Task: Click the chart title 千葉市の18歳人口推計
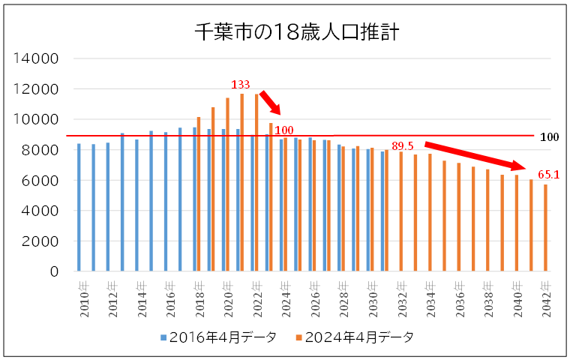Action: click(x=297, y=32)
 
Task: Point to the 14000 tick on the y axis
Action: click(x=36, y=58)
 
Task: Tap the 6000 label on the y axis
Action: click(x=40, y=180)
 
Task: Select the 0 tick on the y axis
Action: click(x=54, y=271)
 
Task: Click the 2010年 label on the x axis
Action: click(x=84, y=299)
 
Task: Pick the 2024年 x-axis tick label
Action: click(x=286, y=299)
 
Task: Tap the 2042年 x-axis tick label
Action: click(x=546, y=299)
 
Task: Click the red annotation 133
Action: click(x=241, y=84)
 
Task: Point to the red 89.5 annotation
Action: click(x=403, y=146)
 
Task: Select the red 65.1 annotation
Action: click(x=548, y=175)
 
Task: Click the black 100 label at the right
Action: click(x=549, y=137)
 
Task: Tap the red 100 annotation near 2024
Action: click(x=284, y=130)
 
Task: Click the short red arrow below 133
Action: click(x=271, y=103)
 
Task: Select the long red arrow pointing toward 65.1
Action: click(x=475, y=156)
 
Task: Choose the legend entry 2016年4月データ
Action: click(x=218, y=337)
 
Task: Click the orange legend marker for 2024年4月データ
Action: click(x=299, y=337)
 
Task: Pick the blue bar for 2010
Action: click(x=79, y=207)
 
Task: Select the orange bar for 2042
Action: click(x=546, y=228)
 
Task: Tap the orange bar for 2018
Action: click(x=199, y=194)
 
